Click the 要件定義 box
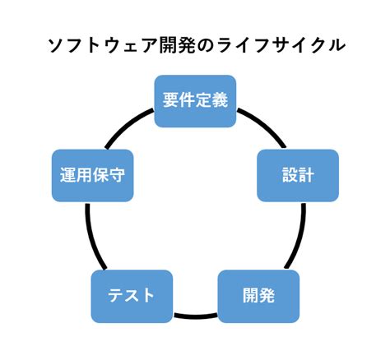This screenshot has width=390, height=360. pos(195,100)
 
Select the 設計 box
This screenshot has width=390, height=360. pos(297,175)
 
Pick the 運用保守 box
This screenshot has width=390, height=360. pos(92,175)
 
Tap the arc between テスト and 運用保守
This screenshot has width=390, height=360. pos(91,238)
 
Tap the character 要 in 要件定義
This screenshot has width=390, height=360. pos(171,101)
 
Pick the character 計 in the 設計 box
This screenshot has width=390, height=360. pos(306,176)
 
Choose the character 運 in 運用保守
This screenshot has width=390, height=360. pos(68,176)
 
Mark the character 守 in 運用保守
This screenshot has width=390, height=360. pos(116,176)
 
